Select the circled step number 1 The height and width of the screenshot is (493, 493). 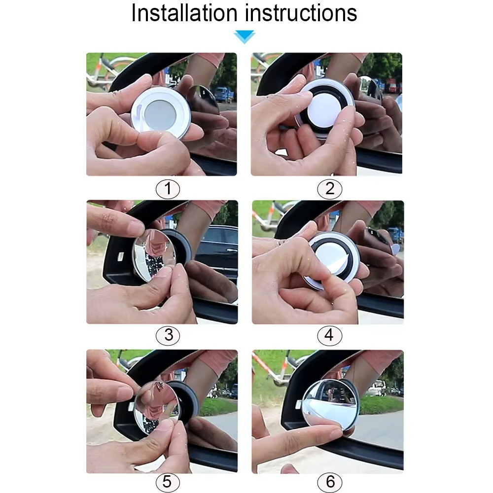point(168,189)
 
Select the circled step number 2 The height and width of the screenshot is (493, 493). point(329,189)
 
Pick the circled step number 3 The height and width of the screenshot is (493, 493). point(168,336)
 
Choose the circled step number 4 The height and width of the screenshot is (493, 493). point(329,336)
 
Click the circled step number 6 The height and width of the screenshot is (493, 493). point(329,482)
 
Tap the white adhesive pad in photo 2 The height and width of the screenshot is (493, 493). point(327,109)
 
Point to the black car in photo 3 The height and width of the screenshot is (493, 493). point(217,246)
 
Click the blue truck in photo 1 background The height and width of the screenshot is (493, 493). point(223,94)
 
